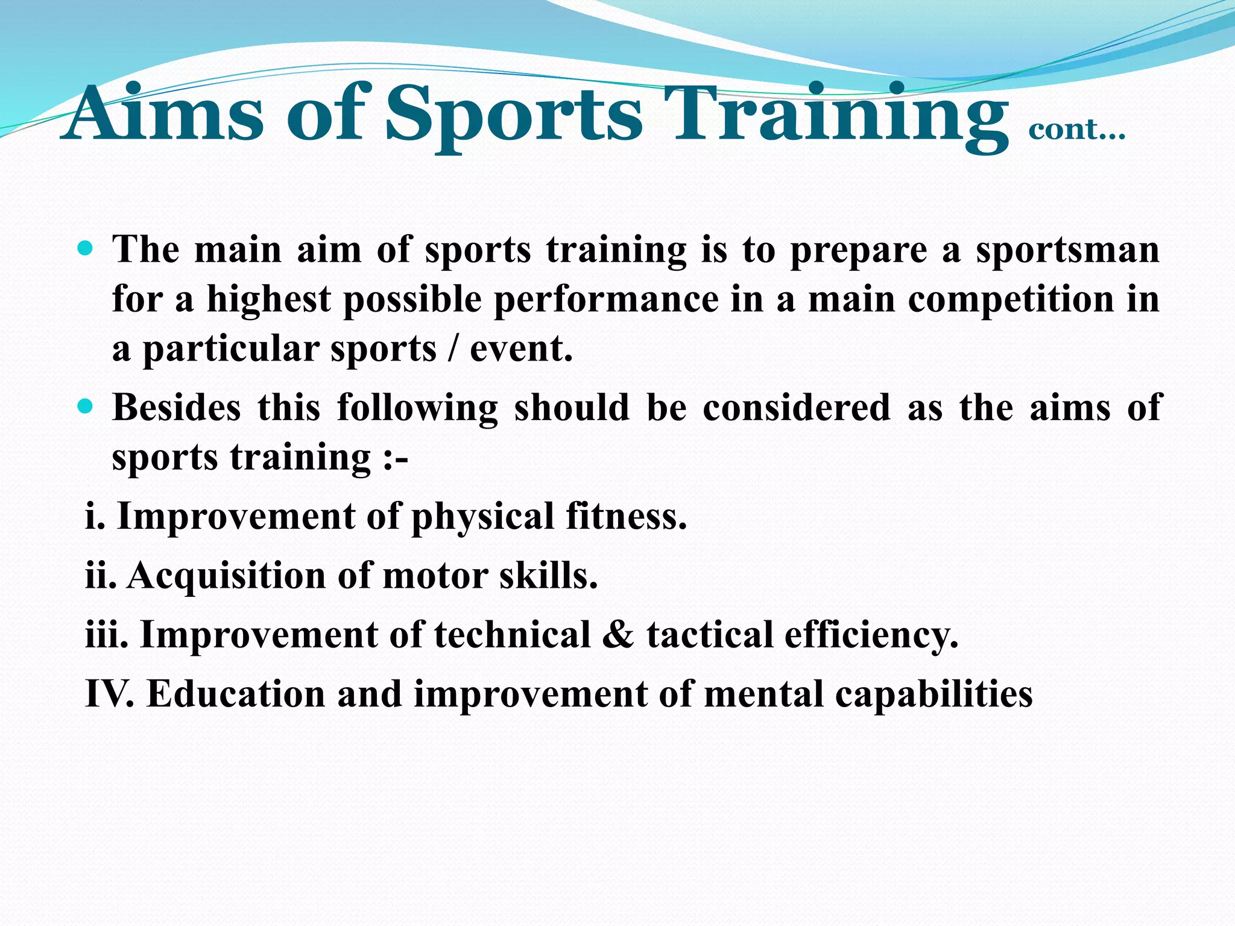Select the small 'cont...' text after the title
(1076, 130)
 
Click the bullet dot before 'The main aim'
(86, 248)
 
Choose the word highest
(269, 300)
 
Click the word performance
(606, 300)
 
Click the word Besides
(177, 408)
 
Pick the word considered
(797, 408)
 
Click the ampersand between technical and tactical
(617, 635)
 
